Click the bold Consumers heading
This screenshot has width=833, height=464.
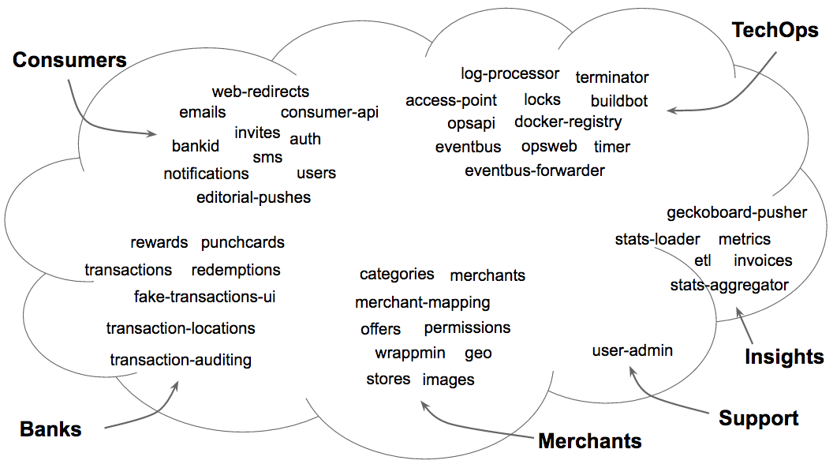(x=69, y=60)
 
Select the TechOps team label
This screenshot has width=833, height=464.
(x=775, y=31)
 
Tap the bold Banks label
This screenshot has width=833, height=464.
(x=50, y=429)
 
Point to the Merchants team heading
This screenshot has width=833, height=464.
(x=590, y=440)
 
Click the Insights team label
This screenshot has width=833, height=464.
(x=784, y=357)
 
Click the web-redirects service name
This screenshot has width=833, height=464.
(x=260, y=92)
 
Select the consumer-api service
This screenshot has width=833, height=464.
(x=330, y=113)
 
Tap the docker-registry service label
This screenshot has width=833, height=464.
(x=568, y=122)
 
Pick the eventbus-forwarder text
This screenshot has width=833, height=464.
(x=535, y=170)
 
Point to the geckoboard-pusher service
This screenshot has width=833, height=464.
(x=737, y=213)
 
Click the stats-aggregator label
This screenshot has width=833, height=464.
(x=729, y=286)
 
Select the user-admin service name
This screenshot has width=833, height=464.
(x=632, y=350)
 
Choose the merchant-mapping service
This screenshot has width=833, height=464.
(x=422, y=303)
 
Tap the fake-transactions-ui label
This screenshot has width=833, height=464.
(x=204, y=297)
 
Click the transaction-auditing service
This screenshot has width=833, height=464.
(x=181, y=360)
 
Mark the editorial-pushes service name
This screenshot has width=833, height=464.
(x=253, y=198)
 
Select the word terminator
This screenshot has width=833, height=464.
(x=612, y=77)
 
